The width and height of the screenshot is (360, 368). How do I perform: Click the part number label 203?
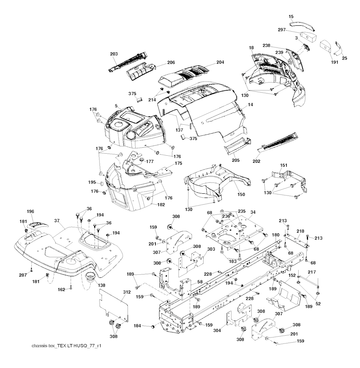pyautogui.click(x=114, y=54)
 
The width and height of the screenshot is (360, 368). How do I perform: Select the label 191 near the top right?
pyautogui.click(x=334, y=62)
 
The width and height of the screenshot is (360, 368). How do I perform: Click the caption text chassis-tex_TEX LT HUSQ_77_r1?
pyautogui.click(x=66, y=346)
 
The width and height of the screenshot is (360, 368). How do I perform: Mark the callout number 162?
pyautogui.click(x=61, y=289)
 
